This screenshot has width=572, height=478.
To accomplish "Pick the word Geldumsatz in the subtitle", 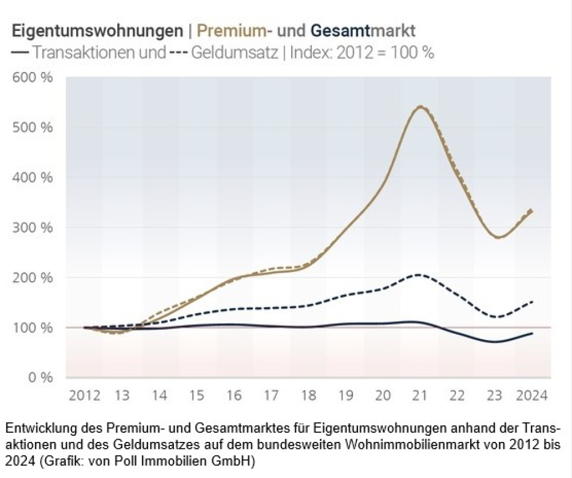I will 233,53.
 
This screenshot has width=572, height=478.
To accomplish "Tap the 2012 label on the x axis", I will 84,396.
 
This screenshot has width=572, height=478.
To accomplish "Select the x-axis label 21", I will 420,396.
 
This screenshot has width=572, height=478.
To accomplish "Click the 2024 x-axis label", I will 531,396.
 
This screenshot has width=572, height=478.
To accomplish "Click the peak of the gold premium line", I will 420,106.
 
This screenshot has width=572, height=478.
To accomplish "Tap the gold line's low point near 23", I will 499,237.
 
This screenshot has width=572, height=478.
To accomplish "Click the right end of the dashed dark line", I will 533,302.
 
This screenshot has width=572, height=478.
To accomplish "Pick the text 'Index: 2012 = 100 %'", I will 362,53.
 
